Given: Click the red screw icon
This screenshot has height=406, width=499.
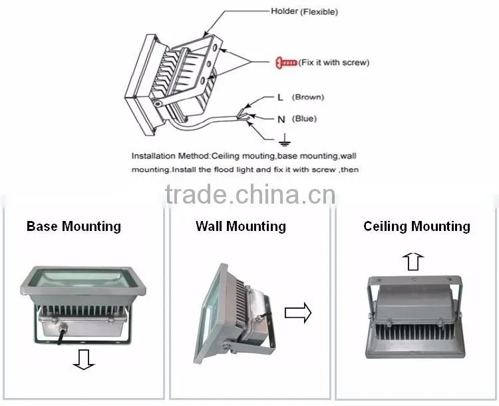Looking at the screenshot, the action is (x=286, y=63).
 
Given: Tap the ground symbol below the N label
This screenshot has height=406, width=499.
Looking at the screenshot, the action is (x=285, y=140).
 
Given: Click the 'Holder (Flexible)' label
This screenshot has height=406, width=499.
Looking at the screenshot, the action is (x=304, y=11).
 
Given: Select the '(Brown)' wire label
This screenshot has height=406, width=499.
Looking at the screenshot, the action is (x=308, y=97).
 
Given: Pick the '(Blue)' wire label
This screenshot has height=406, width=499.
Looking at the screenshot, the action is (x=304, y=118).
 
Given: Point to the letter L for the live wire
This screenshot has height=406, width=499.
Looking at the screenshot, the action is (x=280, y=97).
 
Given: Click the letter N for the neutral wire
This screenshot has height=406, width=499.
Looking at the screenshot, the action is (x=281, y=119).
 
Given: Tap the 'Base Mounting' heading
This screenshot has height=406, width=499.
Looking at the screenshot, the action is (x=73, y=226).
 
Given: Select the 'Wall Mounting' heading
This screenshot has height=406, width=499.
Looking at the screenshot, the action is (x=241, y=226).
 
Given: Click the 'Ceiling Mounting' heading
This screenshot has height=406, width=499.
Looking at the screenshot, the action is (x=416, y=226).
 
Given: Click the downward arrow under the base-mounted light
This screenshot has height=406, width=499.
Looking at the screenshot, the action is (x=84, y=359).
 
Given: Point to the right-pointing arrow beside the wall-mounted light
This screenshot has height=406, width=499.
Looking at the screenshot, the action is (x=298, y=313).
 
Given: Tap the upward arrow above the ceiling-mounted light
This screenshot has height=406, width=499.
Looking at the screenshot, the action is (x=413, y=262).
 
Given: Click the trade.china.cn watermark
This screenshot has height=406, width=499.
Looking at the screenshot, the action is (x=250, y=194).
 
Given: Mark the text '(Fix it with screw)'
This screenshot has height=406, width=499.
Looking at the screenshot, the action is (x=334, y=63).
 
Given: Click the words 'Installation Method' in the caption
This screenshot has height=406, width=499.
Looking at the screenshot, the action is (x=170, y=156).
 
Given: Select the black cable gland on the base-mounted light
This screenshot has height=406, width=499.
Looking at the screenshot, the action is (x=62, y=328).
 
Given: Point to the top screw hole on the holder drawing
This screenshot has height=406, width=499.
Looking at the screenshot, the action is (x=216, y=48).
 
